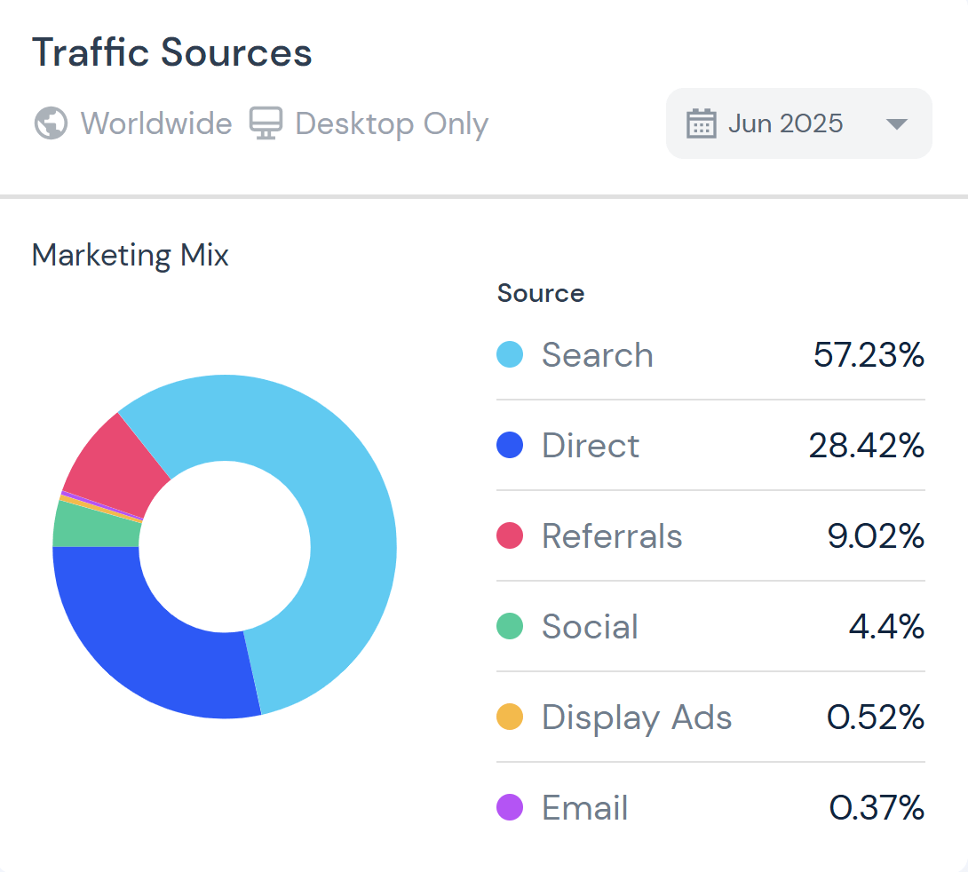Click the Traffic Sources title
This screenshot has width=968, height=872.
(172, 53)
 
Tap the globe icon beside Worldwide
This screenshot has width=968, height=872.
(51, 123)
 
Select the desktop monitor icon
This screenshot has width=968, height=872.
(266, 123)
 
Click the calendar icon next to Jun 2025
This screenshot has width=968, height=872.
(701, 123)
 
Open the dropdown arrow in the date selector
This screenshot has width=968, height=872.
(897, 124)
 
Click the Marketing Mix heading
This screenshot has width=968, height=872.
(131, 256)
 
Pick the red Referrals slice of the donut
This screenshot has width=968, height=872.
(111, 457)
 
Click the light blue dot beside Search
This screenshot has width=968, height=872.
(510, 355)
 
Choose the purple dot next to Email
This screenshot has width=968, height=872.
(510, 808)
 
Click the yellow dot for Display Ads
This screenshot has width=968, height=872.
(510, 717)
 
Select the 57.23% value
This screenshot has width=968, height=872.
(869, 355)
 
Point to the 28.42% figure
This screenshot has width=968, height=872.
(866, 446)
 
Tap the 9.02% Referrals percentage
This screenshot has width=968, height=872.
(876, 536)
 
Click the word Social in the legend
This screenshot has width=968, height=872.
(590, 627)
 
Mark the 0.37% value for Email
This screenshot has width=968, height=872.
(877, 808)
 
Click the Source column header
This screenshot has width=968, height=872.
(541, 293)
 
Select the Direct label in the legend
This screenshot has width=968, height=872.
(590, 446)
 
